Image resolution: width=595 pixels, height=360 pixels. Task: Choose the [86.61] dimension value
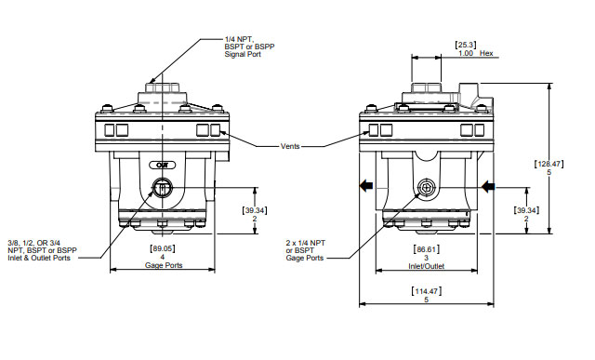pos(426,250)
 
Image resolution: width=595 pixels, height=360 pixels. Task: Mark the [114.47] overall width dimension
pos(426,292)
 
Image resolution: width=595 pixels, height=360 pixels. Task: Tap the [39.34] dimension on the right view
pos(526,210)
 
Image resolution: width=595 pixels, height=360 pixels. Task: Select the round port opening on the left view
pos(163,189)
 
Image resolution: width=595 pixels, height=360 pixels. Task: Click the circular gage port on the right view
pos(426,188)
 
